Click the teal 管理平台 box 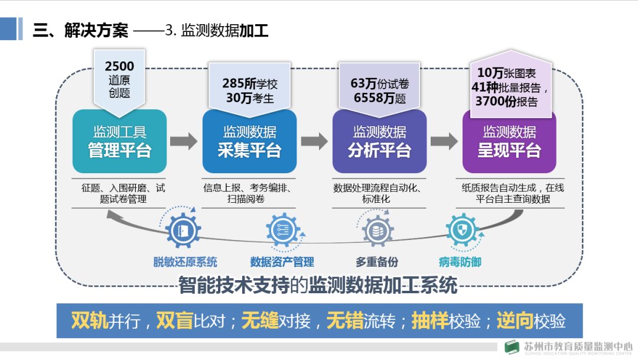click(x=119, y=142)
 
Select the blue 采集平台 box click(x=249, y=142)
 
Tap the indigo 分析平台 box click(x=379, y=142)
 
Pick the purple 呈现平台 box click(x=509, y=142)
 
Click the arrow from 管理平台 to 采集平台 click(x=184, y=141)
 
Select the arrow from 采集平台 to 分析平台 click(x=314, y=141)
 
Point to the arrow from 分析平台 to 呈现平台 click(x=444, y=141)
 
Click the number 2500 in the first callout click(x=119, y=66)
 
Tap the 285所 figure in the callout click(x=239, y=83)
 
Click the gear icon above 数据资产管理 click(x=282, y=231)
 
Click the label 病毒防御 click(x=460, y=262)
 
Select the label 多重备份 click(x=376, y=262)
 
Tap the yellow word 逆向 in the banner click(x=513, y=320)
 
